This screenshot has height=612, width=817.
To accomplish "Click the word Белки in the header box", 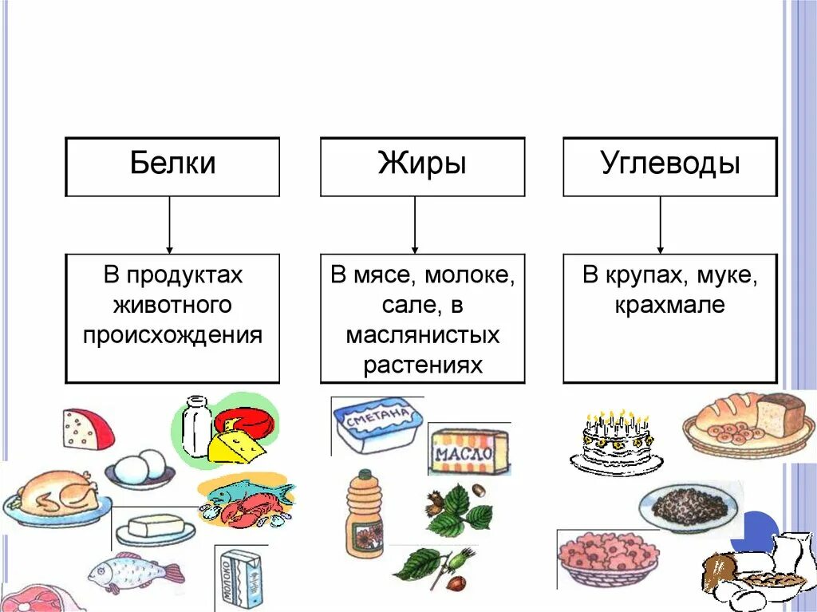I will pos(172,164).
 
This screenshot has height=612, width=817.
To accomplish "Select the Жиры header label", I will pos(422,164).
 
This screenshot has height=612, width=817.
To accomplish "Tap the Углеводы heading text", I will pos(670,164).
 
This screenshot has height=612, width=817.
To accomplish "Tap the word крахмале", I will pos(669,306).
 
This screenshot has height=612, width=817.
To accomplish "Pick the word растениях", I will pos(423,365).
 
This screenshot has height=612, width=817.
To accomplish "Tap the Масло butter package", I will pos(468,452).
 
